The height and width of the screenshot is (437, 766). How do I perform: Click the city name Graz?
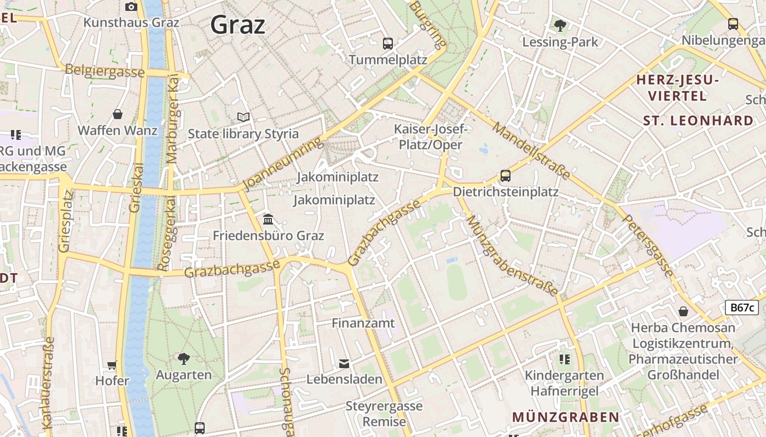(x=237, y=25)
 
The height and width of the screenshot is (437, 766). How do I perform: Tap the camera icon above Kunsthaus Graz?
(x=131, y=7)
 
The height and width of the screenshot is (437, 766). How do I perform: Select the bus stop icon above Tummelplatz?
(x=388, y=44)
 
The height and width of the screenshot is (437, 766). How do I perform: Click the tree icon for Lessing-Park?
(x=560, y=25)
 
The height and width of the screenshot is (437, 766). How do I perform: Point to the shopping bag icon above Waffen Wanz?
(x=118, y=114)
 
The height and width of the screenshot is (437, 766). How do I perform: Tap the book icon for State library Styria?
(x=243, y=117)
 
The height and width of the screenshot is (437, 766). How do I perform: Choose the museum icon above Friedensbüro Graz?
(x=268, y=219)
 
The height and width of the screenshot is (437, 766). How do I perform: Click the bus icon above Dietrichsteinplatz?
(x=506, y=176)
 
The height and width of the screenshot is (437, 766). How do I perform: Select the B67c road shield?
(x=741, y=308)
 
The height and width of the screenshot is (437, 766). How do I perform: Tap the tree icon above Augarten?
(x=184, y=359)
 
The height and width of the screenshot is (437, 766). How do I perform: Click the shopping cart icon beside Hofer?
(x=112, y=364)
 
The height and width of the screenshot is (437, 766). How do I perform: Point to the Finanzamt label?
(x=363, y=323)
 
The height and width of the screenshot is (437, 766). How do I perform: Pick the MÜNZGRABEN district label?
(x=566, y=417)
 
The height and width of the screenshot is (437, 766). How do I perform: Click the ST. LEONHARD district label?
(x=698, y=121)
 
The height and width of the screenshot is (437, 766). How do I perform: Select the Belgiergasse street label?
(x=105, y=71)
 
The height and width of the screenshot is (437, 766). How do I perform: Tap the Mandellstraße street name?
(x=531, y=150)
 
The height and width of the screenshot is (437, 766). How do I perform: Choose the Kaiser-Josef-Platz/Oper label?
(x=431, y=137)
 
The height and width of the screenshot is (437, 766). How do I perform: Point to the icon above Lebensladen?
(x=344, y=363)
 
